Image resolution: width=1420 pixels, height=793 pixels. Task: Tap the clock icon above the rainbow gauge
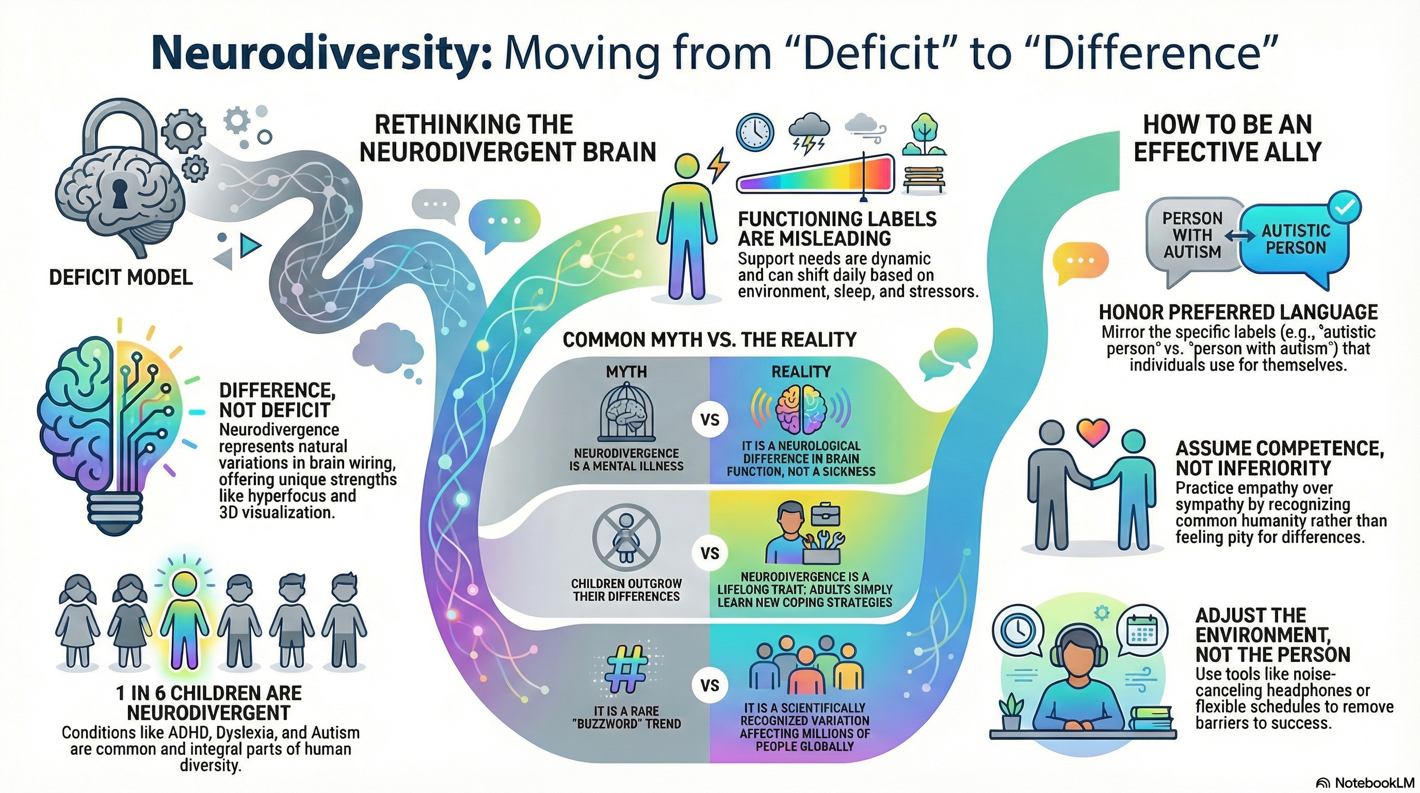[755, 133]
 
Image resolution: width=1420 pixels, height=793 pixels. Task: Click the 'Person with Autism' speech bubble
[1192, 235]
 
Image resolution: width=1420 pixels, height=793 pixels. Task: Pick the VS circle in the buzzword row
[710, 686]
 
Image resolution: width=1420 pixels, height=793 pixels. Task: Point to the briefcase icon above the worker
[825, 515]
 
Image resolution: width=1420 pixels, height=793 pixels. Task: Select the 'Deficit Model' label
[121, 277]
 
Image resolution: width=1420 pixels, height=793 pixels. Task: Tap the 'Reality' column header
[800, 372]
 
